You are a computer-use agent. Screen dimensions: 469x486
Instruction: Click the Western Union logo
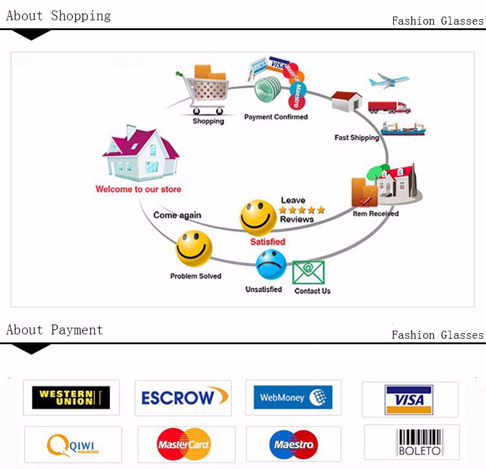(71, 398)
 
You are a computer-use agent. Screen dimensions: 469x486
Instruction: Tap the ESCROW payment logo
(183, 398)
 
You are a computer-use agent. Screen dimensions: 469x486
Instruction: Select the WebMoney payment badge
(293, 397)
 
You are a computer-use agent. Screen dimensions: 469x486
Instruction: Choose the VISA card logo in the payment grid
(409, 400)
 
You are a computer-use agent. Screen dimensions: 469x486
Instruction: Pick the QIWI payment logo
(73, 444)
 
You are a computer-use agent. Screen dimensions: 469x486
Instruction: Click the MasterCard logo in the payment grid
(184, 444)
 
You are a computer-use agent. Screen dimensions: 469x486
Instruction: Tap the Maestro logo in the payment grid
(293, 444)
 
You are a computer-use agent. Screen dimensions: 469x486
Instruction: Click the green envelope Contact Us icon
(308, 273)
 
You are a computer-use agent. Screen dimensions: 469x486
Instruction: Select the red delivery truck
(389, 107)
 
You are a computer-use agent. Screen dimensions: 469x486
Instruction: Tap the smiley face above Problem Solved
(194, 248)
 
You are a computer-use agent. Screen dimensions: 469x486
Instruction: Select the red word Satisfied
(268, 242)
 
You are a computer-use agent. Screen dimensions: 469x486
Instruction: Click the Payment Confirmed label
(276, 117)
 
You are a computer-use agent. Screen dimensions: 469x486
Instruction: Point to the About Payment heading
(54, 330)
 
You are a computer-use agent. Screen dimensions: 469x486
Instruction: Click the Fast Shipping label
(357, 138)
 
